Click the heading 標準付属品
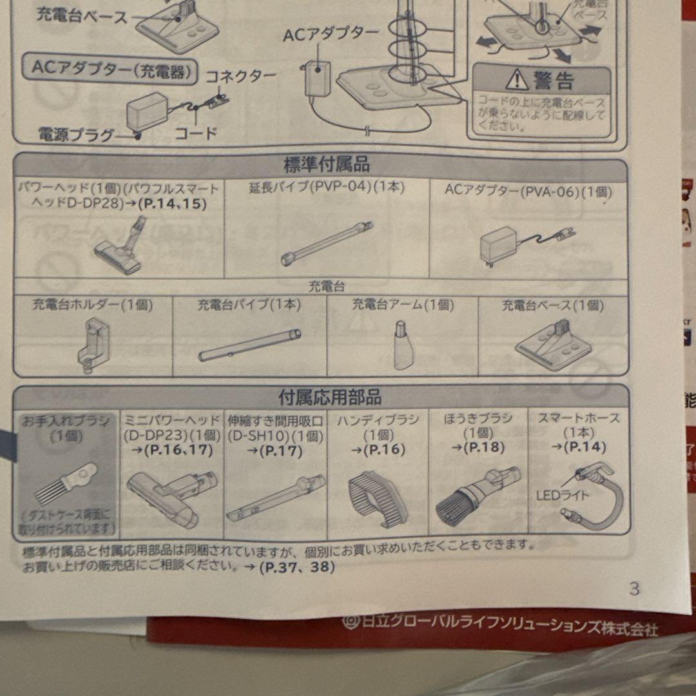(327, 164)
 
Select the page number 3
(634, 588)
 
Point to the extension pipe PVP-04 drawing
(327, 243)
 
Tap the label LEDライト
(557, 496)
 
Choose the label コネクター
(240, 76)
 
